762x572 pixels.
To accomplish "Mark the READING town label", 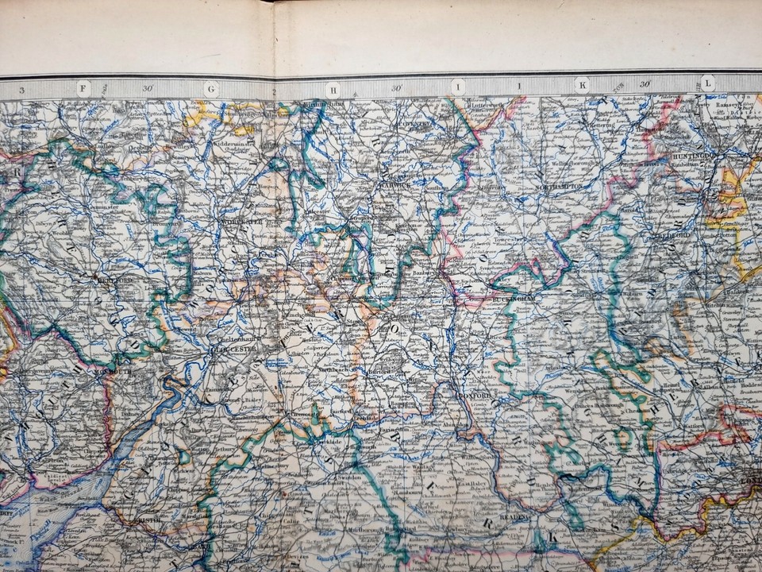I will [x=525, y=515].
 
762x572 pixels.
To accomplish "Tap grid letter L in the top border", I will [x=706, y=82].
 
